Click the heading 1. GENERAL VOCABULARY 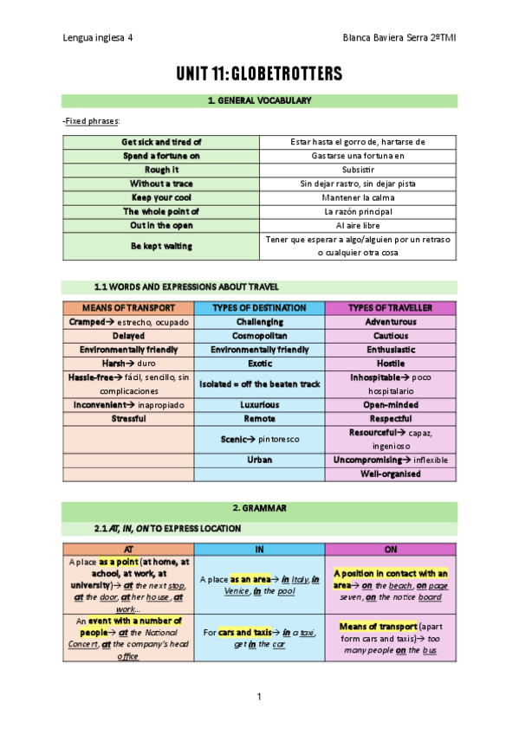coord(259,101)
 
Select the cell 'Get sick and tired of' coord(161,142)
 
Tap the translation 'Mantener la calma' coord(358,197)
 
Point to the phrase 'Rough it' coord(161,170)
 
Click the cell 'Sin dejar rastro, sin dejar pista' coord(358,183)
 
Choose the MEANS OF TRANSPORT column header coord(128,308)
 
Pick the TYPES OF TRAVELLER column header coord(390,308)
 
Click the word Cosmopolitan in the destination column coord(259,336)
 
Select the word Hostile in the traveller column coord(390,364)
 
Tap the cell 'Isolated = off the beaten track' coord(259,383)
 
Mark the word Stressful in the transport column coord(128,418)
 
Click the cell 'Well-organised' coord(390,474)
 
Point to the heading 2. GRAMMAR coord(259,508)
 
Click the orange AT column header coord(128,550)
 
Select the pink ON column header coord(390,550)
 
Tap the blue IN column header coord(259,550)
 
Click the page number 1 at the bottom coord(259,697)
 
